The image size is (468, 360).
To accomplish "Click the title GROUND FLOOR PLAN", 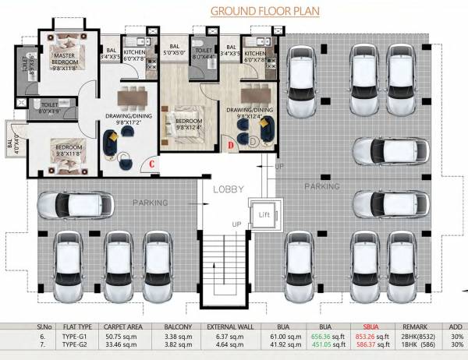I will coord(264,12).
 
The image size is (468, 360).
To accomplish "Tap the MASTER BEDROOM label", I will coord(68,62).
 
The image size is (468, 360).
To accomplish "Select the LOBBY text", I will coord(230,189).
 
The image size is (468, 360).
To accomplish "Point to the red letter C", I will coord(154,163).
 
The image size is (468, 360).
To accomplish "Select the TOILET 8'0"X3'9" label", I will coord(50,108).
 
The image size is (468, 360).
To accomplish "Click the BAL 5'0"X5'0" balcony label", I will coord(175,51).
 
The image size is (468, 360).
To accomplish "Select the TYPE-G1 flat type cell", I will coord(71,337).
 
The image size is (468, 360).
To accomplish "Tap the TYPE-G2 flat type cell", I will coord(71,344).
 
